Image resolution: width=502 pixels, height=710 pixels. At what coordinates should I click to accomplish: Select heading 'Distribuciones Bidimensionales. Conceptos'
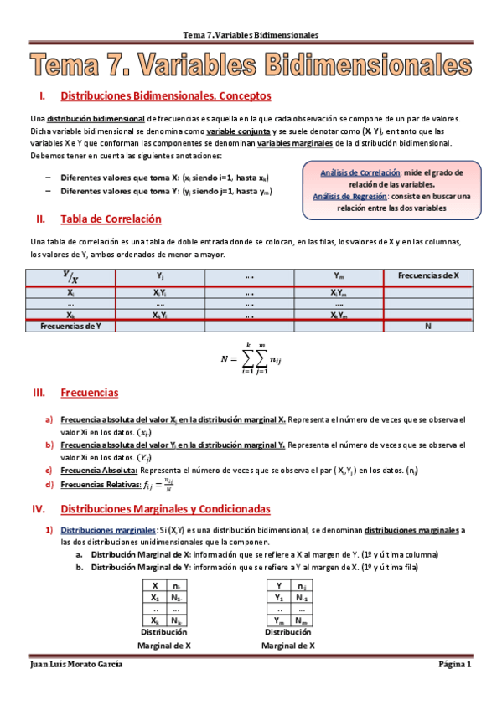tap(166, 96)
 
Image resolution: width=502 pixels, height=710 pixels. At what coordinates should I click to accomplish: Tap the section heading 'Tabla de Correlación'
tap(111, 219)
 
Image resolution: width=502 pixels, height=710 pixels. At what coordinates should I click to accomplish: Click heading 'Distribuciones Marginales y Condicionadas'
tap(165, 508)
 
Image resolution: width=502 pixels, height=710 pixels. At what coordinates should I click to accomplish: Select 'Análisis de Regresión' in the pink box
tap(349, 196)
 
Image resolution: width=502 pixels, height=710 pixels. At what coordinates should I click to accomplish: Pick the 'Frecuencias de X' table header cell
tap(428, 275)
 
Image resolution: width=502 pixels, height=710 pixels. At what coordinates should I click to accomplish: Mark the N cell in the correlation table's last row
tap(428, 326)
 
